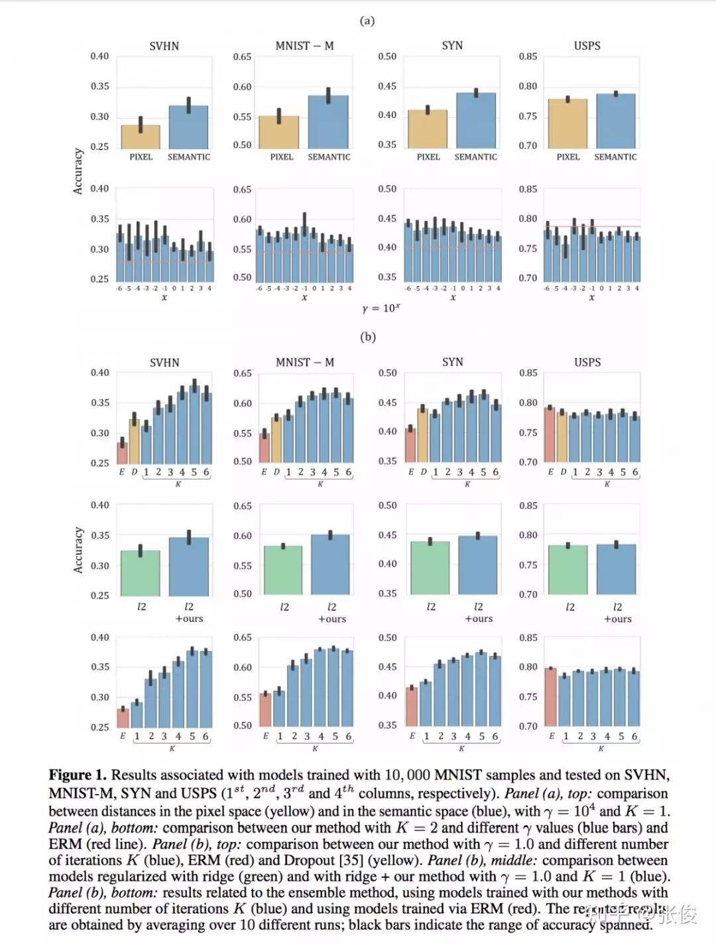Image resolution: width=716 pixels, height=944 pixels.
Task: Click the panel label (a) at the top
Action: (x=367, y=21)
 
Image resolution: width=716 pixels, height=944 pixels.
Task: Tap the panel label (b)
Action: (x=367, y=337)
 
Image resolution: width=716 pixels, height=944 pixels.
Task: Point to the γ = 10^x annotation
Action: (x=381, y=308)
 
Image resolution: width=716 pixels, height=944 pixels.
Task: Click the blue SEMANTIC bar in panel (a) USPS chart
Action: (x=615, y=121)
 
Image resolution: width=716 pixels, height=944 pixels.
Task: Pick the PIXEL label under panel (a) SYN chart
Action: (x=428, y=157)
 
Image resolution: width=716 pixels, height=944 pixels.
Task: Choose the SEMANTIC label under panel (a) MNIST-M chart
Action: (x=329, y=157)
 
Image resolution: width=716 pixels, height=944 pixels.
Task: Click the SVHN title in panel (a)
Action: (x=164, y=46)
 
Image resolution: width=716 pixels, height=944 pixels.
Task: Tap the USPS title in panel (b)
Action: (x=587, y=362)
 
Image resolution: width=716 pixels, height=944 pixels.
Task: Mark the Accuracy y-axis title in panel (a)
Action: (x=78, y=171)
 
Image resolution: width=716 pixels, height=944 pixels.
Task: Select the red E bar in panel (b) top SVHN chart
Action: (x=122, y=453)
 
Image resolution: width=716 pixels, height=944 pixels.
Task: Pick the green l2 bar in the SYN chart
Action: (x=430, y=569)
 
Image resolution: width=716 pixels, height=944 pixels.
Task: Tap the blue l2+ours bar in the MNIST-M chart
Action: (x=330, y=565)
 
